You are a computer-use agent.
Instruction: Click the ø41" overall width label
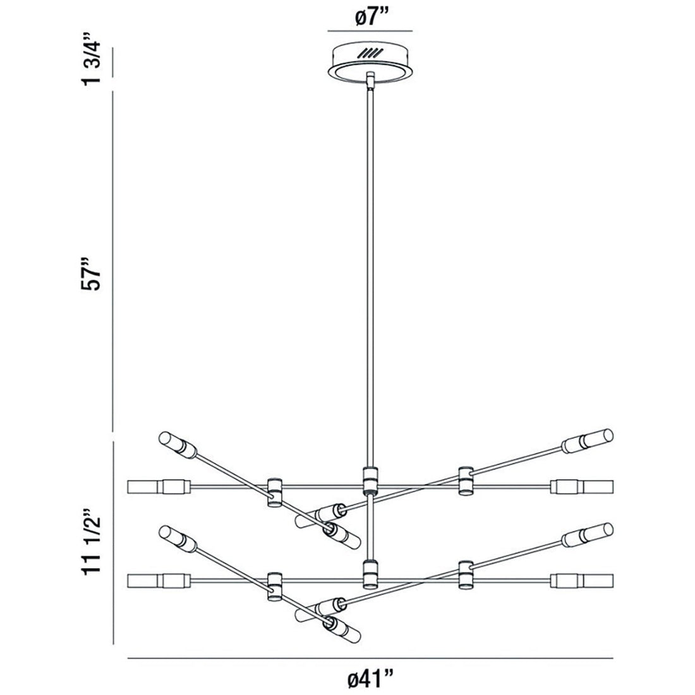(370, 679)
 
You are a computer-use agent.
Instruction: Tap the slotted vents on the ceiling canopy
(370, 54)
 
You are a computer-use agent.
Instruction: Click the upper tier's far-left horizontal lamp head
(159, 486)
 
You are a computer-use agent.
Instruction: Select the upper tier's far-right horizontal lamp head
(582, 486)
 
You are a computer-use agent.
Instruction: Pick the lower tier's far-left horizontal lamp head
(159, 581)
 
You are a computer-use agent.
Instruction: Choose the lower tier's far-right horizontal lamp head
(582, 581)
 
